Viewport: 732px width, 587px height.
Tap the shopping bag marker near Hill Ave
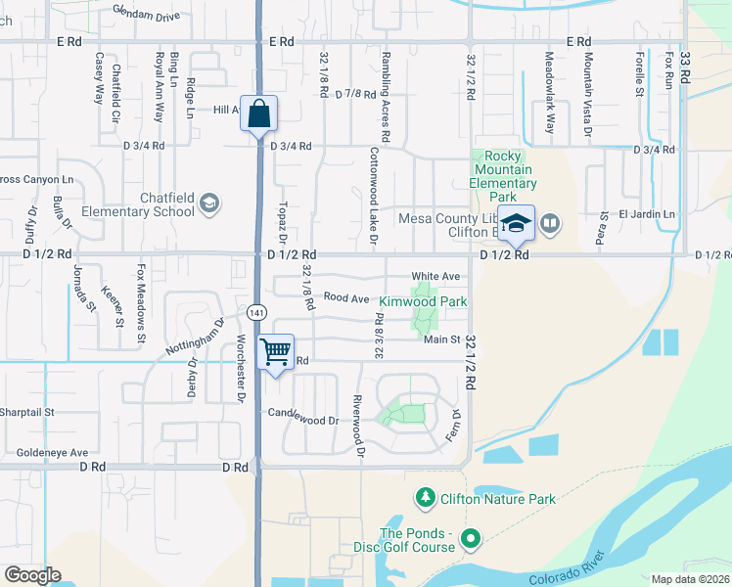tap(258, 113)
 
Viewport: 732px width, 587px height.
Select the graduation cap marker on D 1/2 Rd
tap(516, 223)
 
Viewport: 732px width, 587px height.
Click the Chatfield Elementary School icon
tap(208, 203)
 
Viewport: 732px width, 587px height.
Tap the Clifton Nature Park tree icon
tap(425, 499)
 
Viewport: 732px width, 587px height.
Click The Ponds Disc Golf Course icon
tap(471, 537)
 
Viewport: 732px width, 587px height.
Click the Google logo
tap(32, 575)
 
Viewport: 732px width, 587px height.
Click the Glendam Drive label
tap(147, 17)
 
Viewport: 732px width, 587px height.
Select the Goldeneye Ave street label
tap(52, 453)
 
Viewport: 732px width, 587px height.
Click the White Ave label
tap(435, 277)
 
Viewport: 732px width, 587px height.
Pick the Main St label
tap(442, 339)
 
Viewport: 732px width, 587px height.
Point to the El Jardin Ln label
tap(646, 214)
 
